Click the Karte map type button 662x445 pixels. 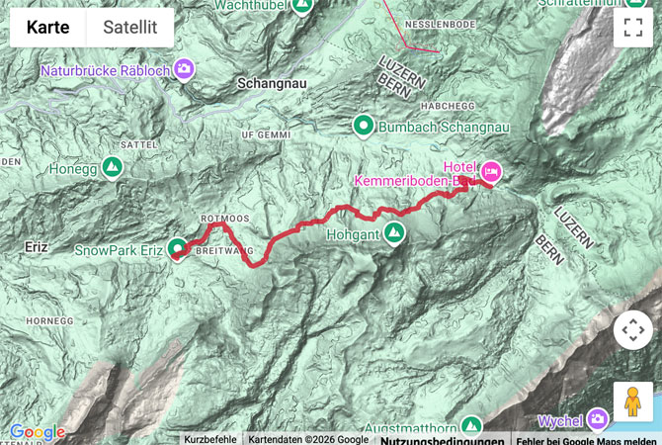pos(47,28)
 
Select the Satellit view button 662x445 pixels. pos(130,28)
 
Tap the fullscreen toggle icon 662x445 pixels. pos(632,28)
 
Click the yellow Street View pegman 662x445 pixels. pos(632,400)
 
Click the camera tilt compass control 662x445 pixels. pos(632,330)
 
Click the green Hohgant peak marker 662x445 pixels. pos(394,233)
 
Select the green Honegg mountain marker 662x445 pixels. pos(112,168)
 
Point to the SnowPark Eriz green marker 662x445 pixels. pos(177,248)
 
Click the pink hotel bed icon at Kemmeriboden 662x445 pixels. pos(490,172)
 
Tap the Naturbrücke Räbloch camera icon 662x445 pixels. pos(183,68)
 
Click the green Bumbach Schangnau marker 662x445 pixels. pos(364,125)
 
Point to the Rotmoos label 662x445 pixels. pos(221,218)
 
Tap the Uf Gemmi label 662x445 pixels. pos(268,133)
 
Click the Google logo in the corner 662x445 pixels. pos(37,432)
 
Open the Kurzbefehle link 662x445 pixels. pos(209,439)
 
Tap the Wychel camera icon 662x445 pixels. pos(597,418)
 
